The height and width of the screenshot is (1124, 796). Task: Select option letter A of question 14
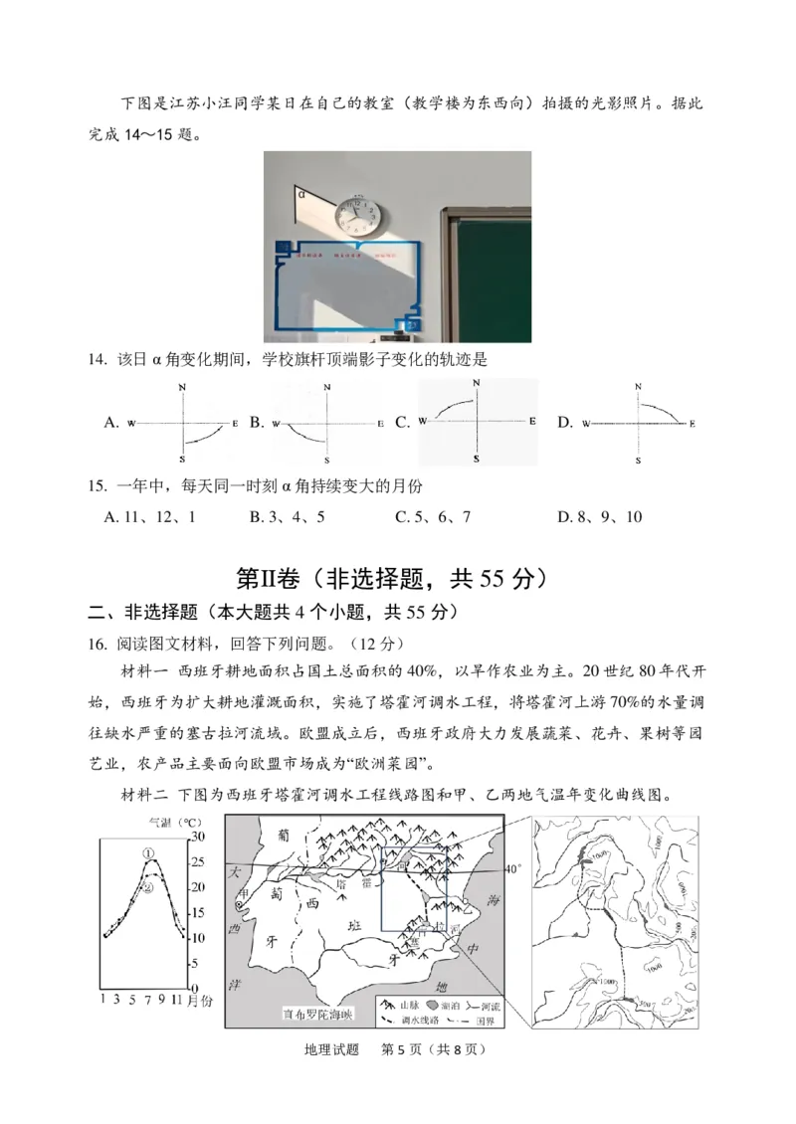pos(110,423)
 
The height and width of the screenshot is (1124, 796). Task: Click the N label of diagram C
pos(477,383)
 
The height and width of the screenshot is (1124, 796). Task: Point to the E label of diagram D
pos(688,423)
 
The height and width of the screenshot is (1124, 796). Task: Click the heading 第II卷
pos(270,578)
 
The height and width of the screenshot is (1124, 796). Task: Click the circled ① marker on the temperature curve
pos(148,853)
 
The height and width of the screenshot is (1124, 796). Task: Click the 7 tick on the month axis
pos(148,1000)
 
